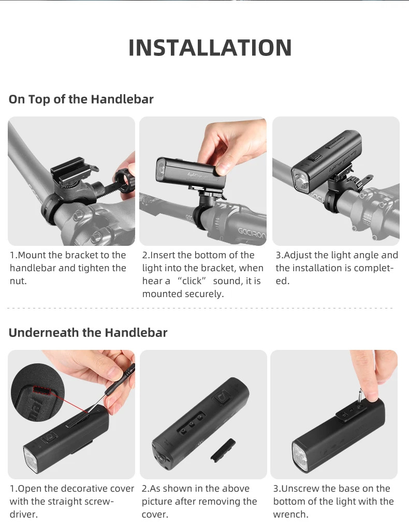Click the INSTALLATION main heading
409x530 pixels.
[210, 48]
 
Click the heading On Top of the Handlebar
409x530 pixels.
[81, 99]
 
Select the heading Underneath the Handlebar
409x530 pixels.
[88, 333]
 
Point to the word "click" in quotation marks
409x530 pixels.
[192, 281]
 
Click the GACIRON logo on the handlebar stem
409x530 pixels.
[252, 232]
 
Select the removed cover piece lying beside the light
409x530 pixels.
[223, 449]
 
